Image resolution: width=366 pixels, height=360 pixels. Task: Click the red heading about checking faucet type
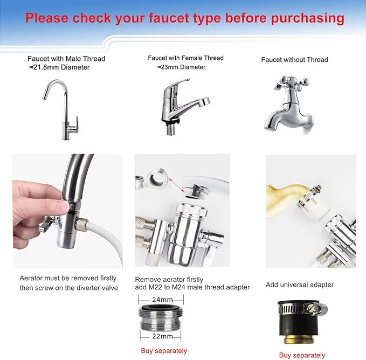coord(184,18)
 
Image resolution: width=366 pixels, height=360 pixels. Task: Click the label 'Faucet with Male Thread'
coord(66,59)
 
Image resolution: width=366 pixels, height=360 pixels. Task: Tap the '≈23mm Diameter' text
coord(181,67)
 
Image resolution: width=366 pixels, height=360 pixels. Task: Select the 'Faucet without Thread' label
coord(294,59)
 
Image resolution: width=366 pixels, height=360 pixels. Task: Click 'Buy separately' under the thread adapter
coord(164,351)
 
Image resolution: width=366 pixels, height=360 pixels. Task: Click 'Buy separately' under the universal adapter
coord(302,355)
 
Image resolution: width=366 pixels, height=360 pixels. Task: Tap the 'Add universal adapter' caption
coord(300,285)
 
